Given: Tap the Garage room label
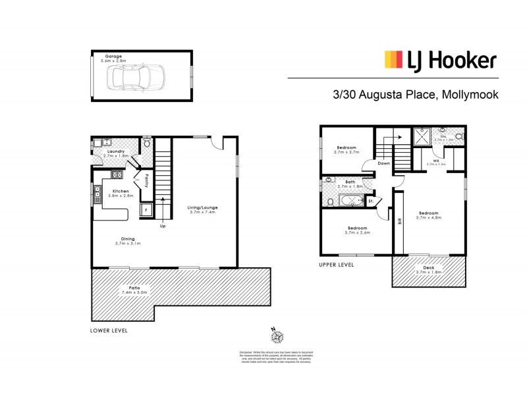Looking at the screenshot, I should (x=111, y=56).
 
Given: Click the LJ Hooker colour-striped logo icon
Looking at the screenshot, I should (x=394, y=61).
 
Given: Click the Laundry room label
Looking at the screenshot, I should (x=107, y=151).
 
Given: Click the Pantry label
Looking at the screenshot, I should (x=146, y=181).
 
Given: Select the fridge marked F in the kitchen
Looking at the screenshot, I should (x=146, y=209).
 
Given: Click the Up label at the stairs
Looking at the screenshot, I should (x=162, y=226).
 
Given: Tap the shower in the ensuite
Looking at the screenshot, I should (x=422, y=136).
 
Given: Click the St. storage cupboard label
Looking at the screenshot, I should (x=371, y=201).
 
